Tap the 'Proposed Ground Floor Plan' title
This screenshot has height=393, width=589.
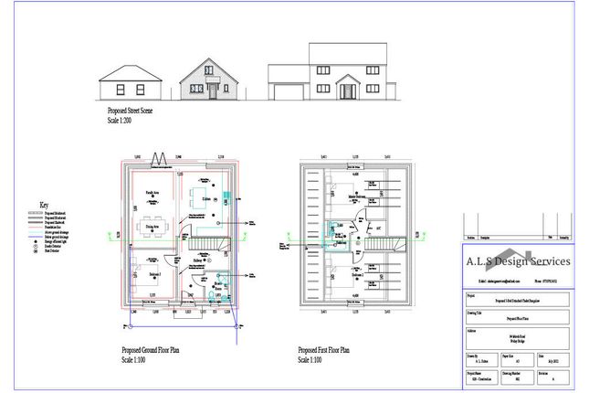pyautogui.click(x=150, y=351)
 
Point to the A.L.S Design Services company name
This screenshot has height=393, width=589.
pyautogui.click(x=520, y=260)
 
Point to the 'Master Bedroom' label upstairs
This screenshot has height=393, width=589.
pyautogui.click(x=356, y=195)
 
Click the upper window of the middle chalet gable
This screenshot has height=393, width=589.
pyautogui.click(x=213, y=69)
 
